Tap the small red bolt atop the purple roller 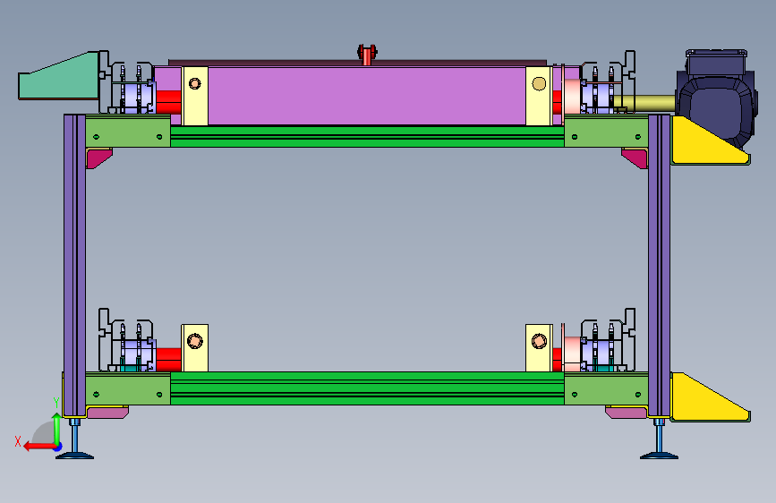tap(367, 55)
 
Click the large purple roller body tap(366, 95)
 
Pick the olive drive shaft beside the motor tap(644, 103)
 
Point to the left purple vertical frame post tap(74, 265)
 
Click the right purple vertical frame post tap(659, 265)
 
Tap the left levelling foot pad tap(74, 455)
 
